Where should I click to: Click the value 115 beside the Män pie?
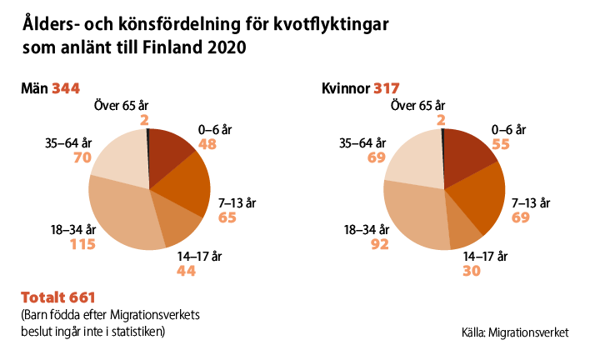(x=82, y=245)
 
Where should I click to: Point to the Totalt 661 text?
(x=59, y=297)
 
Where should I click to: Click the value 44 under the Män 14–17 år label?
(x=188, y=271)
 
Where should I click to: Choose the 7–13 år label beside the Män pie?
(x=236, y=202)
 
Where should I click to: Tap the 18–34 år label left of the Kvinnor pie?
(x=367, y=230)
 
